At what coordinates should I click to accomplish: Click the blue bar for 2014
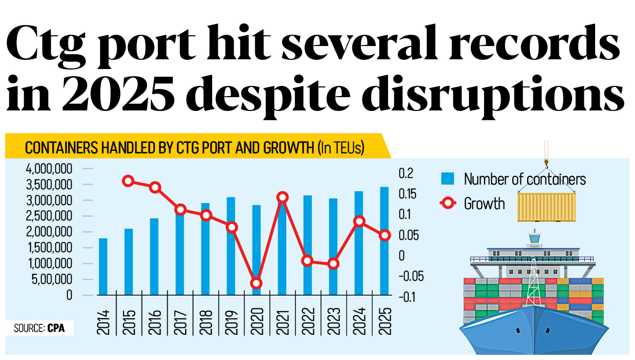pos(103,266)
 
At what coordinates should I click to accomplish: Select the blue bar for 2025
pos(384,241)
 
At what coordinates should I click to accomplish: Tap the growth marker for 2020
pos(257,283)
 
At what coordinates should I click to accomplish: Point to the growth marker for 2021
pos(282,197)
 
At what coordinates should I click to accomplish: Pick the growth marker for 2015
pos(128,181)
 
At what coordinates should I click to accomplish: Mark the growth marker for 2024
pos(359,221)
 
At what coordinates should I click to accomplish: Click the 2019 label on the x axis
pos(231,322)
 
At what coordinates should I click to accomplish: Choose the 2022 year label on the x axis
pos(308,322)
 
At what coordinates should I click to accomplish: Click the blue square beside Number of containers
pos(448,178)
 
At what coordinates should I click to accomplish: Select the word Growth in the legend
pos(484,204)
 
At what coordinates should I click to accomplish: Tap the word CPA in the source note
pos(56,328)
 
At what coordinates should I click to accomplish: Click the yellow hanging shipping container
pos(546,207)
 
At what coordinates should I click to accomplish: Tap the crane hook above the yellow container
pos(546,163)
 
